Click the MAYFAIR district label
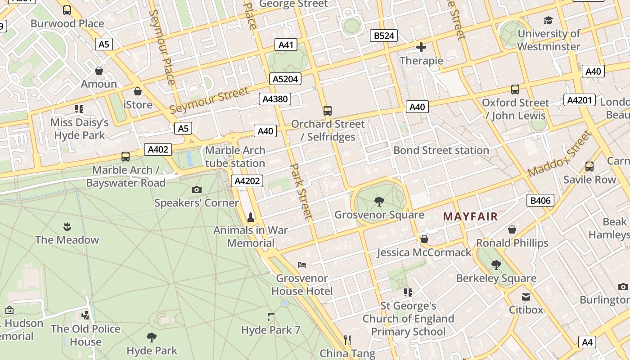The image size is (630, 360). click(x=470, y=216)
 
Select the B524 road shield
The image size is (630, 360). click(x=384, y=36)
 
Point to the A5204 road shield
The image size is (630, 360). click(x=285, y=79)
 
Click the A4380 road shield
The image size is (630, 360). click(x=274, y=99)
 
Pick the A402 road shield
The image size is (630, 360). click(x=157, y=150)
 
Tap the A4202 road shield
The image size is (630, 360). click(x=247, y=181)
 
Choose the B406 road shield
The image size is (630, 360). click(x=540, y=200)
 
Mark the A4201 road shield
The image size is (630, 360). click(x=579, y=100)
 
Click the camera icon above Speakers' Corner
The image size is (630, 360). click(x=197, y=189)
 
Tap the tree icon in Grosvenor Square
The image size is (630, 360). click(x=379, y=201)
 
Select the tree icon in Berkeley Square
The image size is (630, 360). click(x=496, y=265)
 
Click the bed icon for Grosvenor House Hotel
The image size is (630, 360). click(x=302, y=265)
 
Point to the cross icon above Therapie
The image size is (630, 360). click(x=421, y=47)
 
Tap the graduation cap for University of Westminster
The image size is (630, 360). click(x=548, y=20)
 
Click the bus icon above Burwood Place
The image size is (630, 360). click(x=67, y=10)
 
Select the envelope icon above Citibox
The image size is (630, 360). click(x=526, y=297)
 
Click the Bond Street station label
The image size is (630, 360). click(x=441, y=150)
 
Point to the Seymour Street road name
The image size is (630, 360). click(x=209, y=100)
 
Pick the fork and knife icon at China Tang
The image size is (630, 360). click(x=347, y=340)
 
